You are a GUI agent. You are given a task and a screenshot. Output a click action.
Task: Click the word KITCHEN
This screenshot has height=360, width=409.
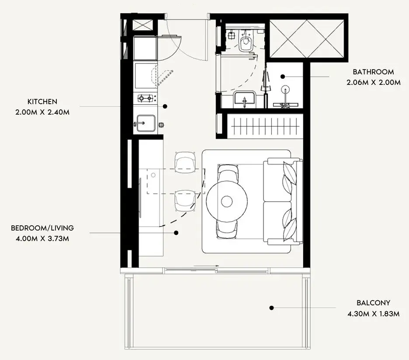[x=42, y=101]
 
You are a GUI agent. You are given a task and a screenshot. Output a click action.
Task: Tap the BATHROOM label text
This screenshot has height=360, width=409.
[x=373, y=72]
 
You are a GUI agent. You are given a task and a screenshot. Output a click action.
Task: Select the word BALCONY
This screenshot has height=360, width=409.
[x=373, y=303]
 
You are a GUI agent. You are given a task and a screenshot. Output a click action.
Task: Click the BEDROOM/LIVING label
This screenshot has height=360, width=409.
[x=42, y=228]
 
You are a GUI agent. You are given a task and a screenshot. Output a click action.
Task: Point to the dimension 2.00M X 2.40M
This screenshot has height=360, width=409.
[x=42, y=112]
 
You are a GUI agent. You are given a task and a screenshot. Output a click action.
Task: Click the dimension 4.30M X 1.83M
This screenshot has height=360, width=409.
[x=373, y=314]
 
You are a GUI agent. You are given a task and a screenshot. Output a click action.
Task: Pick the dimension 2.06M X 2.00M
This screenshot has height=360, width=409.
[x=373, y=83]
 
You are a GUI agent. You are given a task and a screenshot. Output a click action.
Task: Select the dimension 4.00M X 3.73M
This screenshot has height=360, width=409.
[x=42, y=238]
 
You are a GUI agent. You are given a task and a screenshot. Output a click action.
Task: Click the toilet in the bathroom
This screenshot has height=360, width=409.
[x=245, y=41]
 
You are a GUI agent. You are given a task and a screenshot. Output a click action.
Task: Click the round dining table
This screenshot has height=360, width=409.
[x=227, y=201]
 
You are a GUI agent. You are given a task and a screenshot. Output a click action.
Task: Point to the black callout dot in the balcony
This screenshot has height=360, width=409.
[x=271, y=308]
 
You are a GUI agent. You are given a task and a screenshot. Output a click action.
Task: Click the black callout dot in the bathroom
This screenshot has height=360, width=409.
[x=283, y=77]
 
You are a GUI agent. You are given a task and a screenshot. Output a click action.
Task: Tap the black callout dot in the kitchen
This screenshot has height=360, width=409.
[x=165, y=106]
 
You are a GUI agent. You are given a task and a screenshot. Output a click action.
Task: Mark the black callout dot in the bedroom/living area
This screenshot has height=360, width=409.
[x=177, y=233]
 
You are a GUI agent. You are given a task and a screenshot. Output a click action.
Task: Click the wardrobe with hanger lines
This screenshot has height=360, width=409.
[x=265, y=126]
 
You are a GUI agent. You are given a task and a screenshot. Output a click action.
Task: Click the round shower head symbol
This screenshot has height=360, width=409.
[x=285, y=90]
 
